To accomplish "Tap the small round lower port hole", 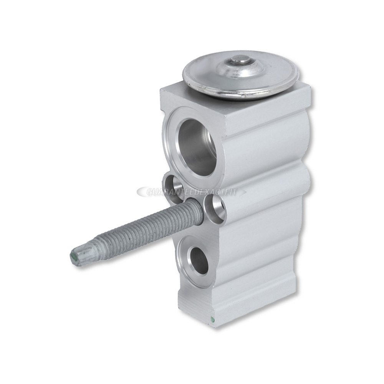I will pyautogui.click(x=199, y=262).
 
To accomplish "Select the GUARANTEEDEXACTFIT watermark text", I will pyautogui.click(x=192, y=192).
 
